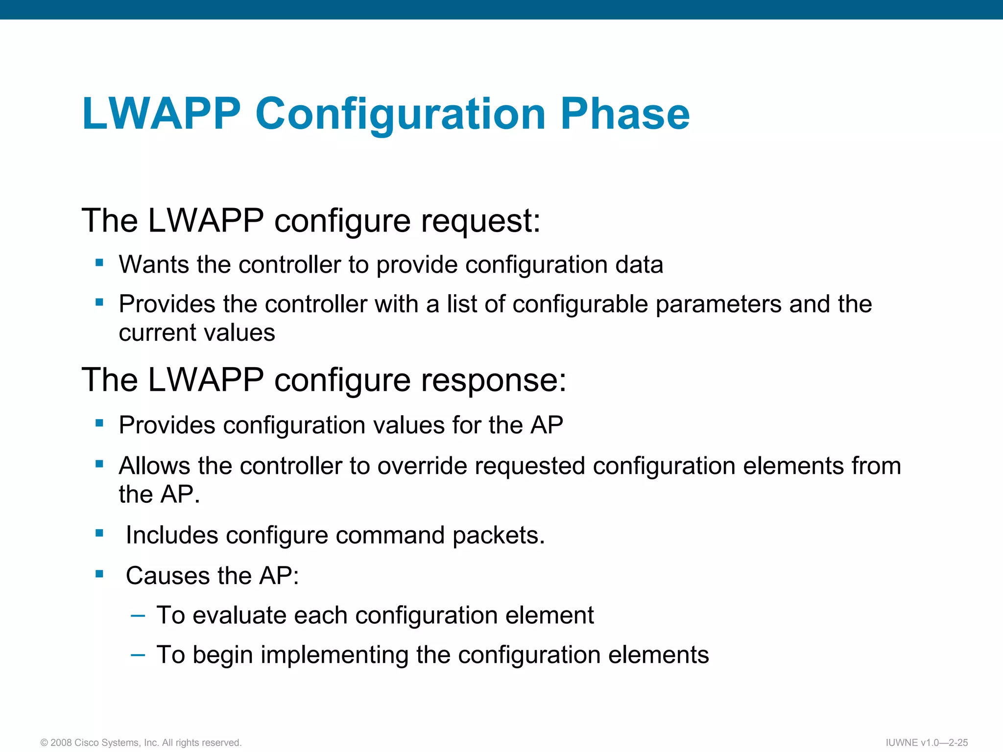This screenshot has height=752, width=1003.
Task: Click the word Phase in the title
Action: coord(625,114)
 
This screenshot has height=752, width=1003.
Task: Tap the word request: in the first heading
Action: coord(480,221)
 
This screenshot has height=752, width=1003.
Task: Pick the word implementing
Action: coord(334,655)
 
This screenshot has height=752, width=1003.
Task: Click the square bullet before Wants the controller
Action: coord(99,263)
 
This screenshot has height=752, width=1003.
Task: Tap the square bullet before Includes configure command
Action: coord(99,533)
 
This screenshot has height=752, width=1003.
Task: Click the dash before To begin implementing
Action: coord(138,654)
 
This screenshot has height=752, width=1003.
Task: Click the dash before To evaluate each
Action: coord(138,614)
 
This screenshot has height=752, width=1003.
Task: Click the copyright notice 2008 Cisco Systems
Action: coord(141,743)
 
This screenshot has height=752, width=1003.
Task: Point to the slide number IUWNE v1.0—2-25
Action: coord(927,743)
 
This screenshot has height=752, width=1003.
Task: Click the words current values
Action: coord(197,333)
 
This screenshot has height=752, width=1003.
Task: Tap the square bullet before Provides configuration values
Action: coord(99,423)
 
